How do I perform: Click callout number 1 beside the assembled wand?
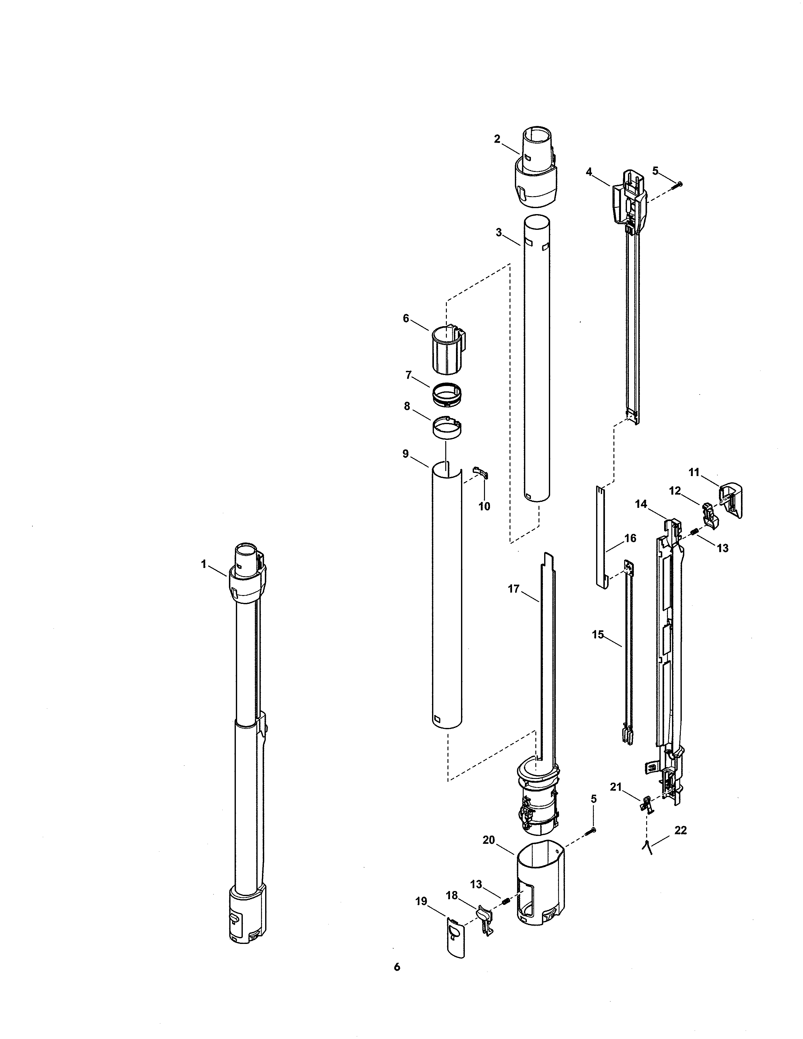pyautogui.click(x=204, y=564)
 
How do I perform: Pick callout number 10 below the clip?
pyautogui.click(x=484, y=506)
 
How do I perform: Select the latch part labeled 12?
pyautogui.click(x=709, y=515)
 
